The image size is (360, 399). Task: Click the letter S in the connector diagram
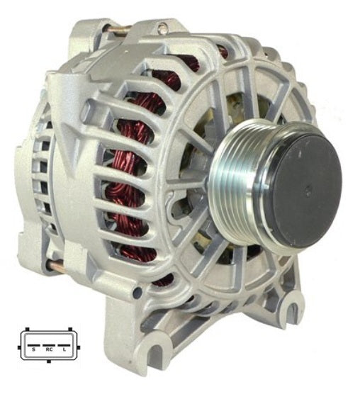tap(33, 349)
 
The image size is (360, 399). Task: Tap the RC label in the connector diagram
tap(49, 349)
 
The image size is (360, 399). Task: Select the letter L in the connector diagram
tap(64, 349)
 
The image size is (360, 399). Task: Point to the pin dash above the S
tap(33, 346)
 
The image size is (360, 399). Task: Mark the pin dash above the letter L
tap(64, 346)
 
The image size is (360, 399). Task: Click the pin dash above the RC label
tap(49, 346)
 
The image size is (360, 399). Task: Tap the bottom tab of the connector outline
tap(49, 361)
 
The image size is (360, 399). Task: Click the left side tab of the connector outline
tap(19, 347)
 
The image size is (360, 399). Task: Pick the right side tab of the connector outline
tap(79, 347)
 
